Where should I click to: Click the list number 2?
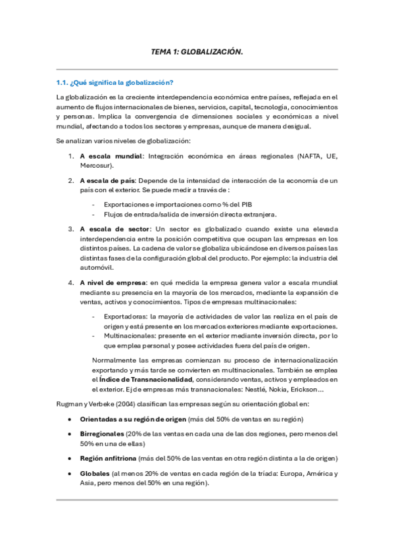point(71,180)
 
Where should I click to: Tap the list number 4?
point(71,283)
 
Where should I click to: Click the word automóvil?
point(97,267)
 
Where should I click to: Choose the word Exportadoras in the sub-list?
point(126,317)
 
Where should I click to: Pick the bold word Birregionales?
point(101,434)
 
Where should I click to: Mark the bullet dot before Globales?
point(70,473)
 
